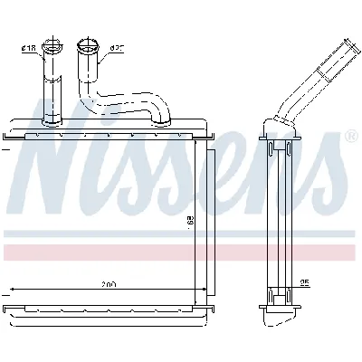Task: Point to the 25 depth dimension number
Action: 305,283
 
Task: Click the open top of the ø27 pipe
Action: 88,42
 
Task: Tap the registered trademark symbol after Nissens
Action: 350,135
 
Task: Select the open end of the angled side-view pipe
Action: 348,43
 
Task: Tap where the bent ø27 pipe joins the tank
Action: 160,118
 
